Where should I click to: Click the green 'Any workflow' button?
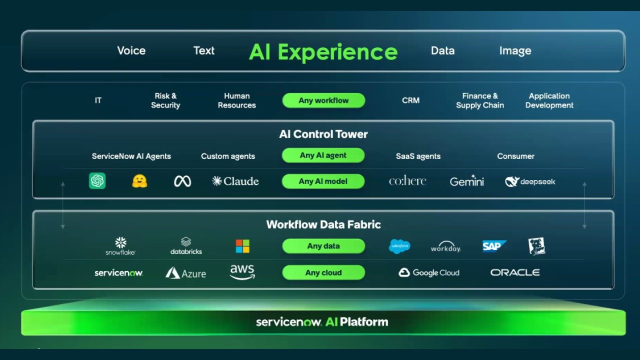tap(323, 100)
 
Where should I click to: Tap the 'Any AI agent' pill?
tap(323, 155)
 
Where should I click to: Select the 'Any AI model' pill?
tap(323, 181)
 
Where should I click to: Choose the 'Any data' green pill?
tap(323, 246)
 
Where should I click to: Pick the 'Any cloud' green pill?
tap(323, 272)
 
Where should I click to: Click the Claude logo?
tap(235, 181)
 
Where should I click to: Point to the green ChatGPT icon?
tap(97, 180)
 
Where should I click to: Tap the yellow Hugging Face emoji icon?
tap(139, 181)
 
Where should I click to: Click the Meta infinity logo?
tap(182, 181)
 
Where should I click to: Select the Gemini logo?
tap(466, 181)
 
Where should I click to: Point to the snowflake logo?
tap(120, 245)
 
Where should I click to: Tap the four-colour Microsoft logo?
tap(242, 246)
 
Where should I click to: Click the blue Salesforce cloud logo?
tap(399, 246)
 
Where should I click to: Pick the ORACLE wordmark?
tap(515, 272)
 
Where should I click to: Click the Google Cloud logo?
tap(428, 272)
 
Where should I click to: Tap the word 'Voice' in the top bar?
tap(131, 50)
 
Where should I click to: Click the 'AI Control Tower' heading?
tap(323, 134)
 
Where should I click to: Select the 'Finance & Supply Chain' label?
tap(480, 100)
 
